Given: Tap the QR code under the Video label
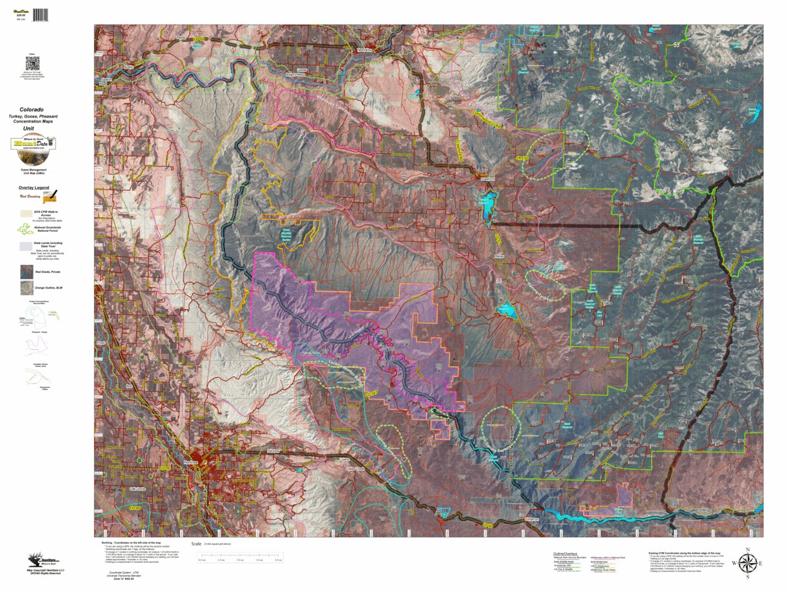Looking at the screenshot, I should [32, 63].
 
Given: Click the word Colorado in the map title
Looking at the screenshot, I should [32, 110].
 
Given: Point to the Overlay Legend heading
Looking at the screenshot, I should [33, 187].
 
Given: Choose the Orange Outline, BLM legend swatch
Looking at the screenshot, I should [26, 288].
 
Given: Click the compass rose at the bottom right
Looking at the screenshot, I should [747, 564].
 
